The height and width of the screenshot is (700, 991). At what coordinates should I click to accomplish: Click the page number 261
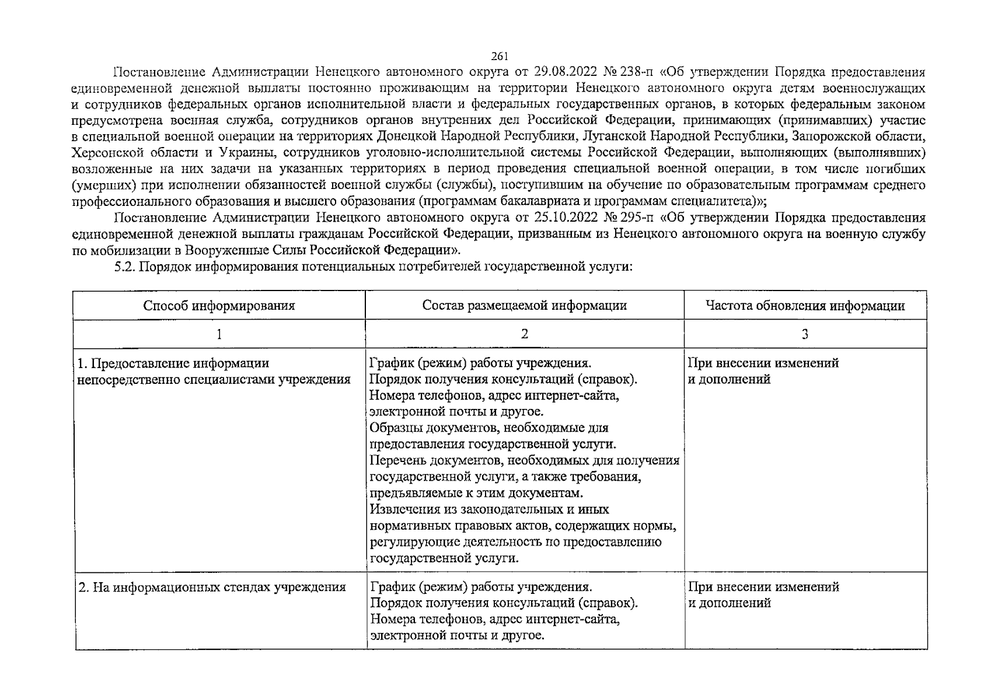(500, 57)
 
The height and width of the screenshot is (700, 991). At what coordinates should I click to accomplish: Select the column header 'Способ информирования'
(219, 306)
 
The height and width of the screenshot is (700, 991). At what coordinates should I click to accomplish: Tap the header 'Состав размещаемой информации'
(525, 306)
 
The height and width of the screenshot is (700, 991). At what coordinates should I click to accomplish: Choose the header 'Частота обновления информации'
(805, 306)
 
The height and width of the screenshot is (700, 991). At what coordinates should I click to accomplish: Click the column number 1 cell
(219, 334)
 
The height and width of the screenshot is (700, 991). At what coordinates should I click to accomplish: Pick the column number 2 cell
(525, 334)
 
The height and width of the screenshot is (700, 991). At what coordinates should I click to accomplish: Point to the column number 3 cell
(805, 334)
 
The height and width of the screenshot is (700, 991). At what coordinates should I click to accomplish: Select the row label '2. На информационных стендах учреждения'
(212, 587)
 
